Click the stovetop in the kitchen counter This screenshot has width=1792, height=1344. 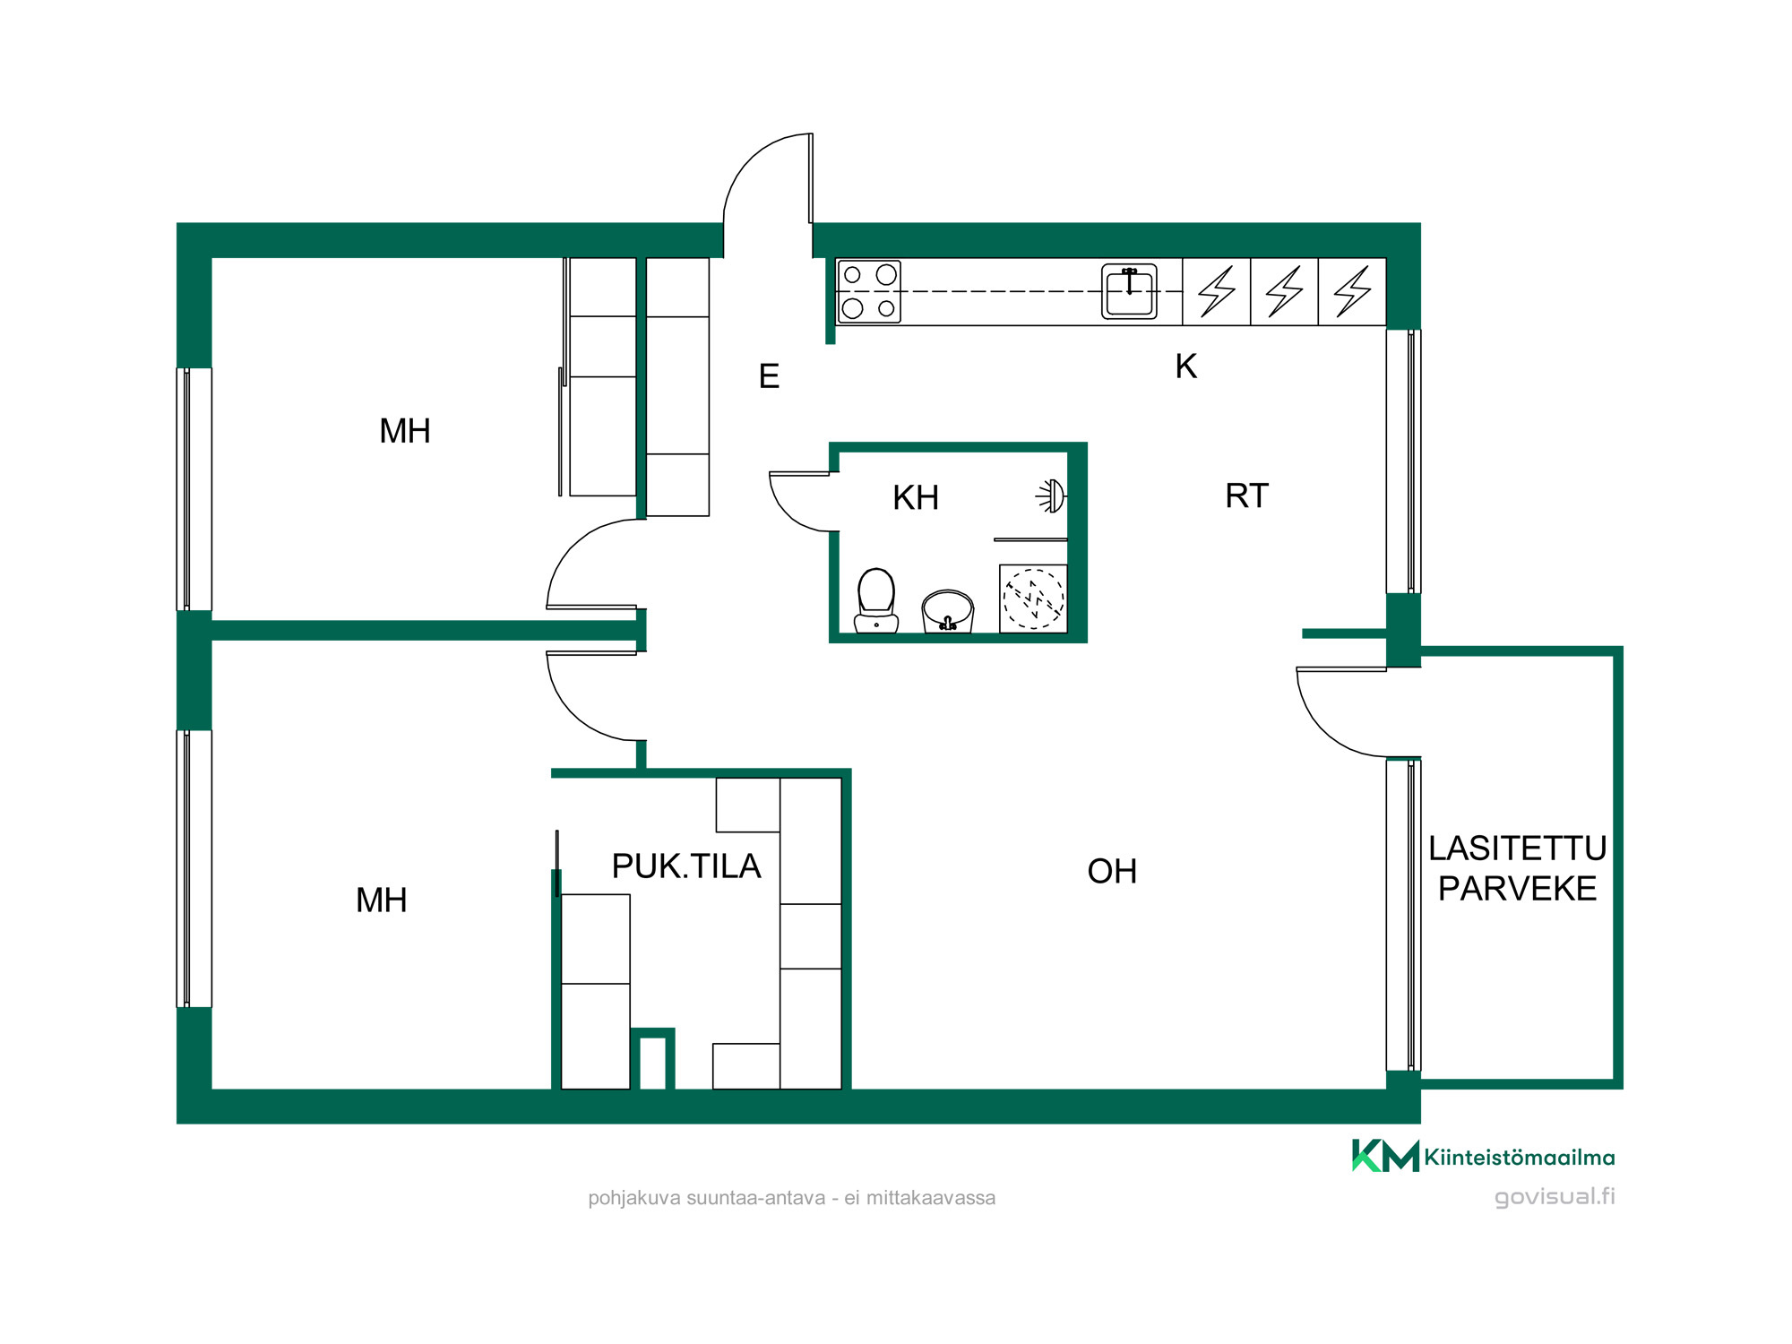click(869, 291)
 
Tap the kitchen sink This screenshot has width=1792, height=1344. click(1129, 291)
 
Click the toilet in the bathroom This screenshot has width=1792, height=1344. click(876, 600)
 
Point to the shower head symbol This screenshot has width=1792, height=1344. click(1052, 495)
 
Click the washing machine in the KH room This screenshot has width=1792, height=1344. click(1033, 599)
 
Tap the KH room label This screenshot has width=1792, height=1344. click(916, 497)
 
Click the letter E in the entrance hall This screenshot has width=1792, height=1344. click(769, 376)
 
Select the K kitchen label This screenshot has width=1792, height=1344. click(1185, 366)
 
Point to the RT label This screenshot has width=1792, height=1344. click(1246, 495)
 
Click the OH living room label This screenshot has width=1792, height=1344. click(1112, 871)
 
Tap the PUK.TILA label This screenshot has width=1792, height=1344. click(686, 866)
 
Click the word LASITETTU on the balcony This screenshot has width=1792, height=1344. click(1517, 848)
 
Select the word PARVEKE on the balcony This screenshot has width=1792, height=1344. click(1517, 889)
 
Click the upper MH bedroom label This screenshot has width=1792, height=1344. click(405, 431)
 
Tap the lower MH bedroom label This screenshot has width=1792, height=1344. click(382, 900)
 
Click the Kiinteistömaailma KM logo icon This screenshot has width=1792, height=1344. click(1385, 1156)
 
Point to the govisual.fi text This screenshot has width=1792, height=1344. click(1555, 1197)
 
